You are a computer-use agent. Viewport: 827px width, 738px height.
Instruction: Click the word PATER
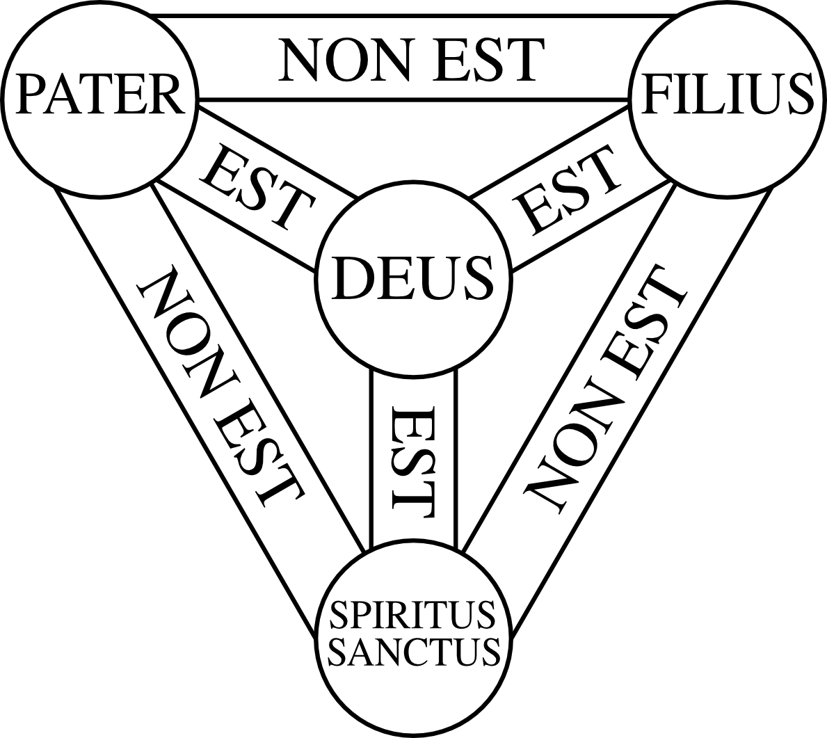tap(99, 95)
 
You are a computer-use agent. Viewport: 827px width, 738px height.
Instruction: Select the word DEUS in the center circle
tap(413, 279)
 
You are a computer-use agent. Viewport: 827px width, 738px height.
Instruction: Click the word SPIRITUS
tap(413, 614)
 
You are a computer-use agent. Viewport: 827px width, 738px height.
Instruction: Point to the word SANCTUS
tap(417, 651)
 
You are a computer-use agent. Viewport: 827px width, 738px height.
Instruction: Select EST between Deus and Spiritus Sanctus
tap(414, 458)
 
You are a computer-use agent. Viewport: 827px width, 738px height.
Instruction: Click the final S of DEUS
tap(478, 279)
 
